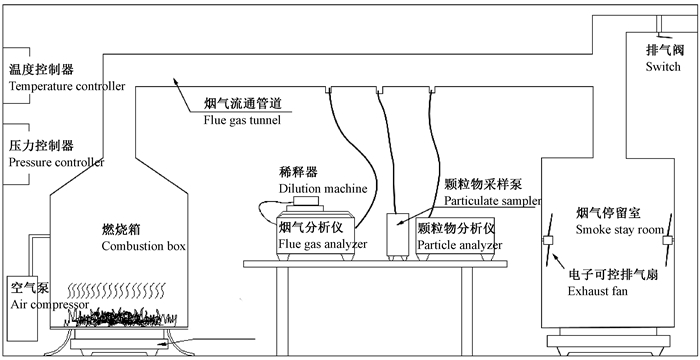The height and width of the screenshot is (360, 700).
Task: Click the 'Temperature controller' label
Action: tap(67, 86)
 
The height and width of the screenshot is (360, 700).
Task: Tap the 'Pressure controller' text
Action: tap(56, 162)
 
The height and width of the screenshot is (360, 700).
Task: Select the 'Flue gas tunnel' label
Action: tap(242, 120)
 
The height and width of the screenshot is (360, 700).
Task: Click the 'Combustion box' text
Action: tap(144, 246)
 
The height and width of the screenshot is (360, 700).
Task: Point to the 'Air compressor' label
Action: tap(50, 305)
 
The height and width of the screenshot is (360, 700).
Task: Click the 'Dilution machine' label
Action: tap(323, 188)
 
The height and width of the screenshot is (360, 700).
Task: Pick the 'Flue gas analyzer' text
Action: tap(323, 244)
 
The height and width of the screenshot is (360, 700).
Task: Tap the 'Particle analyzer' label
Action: tap(460, 245)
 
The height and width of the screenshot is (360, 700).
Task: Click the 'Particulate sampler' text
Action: tap(492, 201)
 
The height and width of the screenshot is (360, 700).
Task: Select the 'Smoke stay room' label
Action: tap(620, 230)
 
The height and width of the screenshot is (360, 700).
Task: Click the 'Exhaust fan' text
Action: tap(598, 291)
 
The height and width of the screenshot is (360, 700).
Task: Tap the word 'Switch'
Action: tap(663, 67)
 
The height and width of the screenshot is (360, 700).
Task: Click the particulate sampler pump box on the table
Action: tap(397, 234)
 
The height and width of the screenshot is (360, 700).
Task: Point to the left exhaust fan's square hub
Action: tap(548, 240)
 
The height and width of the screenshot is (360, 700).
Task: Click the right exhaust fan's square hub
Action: tap(667, 240)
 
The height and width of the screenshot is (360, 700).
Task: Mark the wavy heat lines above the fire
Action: tap(117, 290)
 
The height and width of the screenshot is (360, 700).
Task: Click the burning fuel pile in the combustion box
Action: tap(121, 317)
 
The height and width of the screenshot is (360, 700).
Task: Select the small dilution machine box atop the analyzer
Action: tap(305, 201)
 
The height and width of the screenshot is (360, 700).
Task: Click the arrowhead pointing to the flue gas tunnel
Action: tap(176, 80)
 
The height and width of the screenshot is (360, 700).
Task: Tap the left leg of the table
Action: tap(282, 312)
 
